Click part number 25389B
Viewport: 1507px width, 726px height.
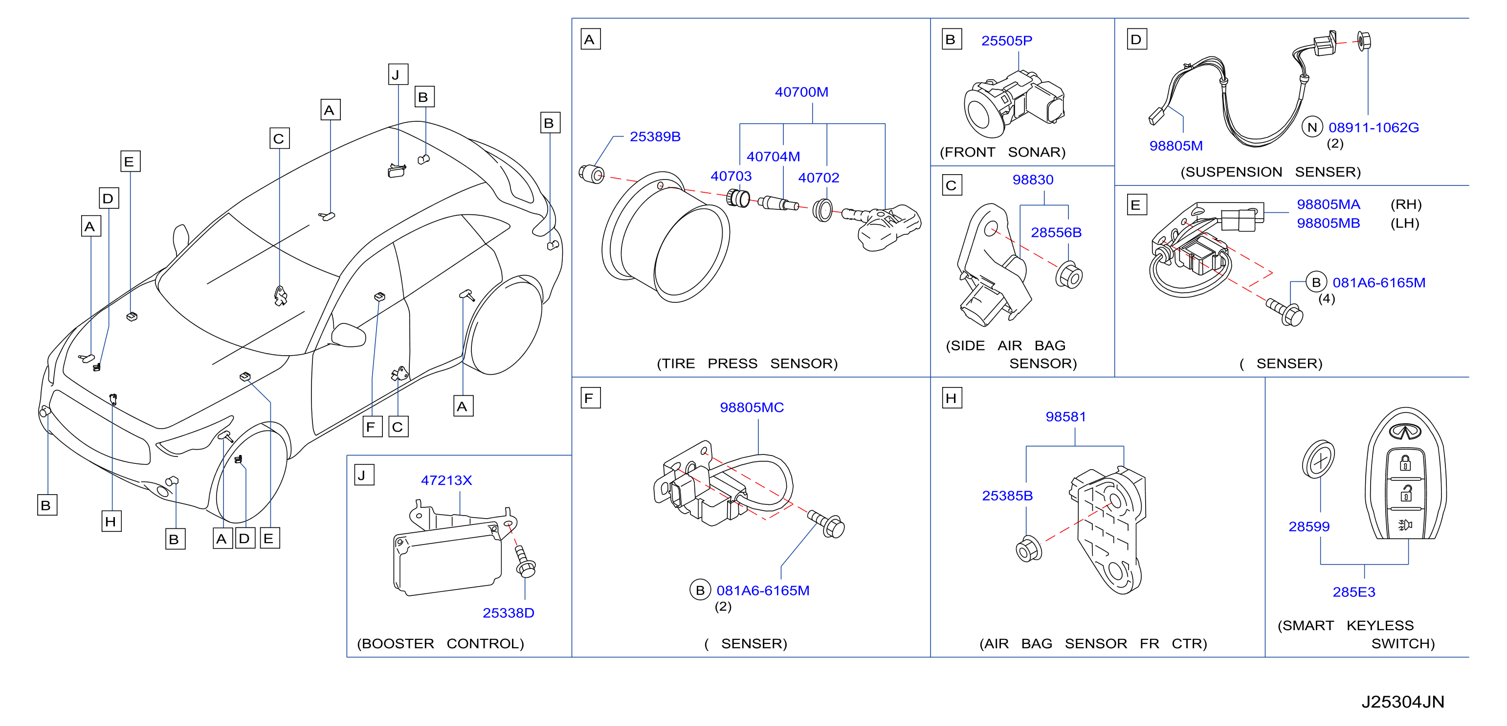click(655, 136)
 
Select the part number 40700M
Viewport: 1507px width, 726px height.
click(801, 92)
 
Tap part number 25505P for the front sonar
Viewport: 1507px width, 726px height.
click(1007, 41)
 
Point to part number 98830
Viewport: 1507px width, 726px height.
click(1033, 180)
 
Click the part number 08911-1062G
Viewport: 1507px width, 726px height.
click(1374, 127)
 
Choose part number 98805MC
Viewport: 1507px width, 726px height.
click(752, 408)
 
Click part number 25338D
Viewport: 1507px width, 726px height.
click(509, 613)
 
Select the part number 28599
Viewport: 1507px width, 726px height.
click(1309, 526)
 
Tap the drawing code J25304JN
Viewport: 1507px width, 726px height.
click(1403, 702)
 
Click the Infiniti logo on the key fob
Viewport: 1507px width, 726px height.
click(1405, 431)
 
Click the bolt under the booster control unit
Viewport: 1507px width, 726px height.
click(524, 562)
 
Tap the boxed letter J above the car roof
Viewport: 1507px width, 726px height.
click(398, 74)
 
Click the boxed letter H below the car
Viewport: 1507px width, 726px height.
click(111, 521)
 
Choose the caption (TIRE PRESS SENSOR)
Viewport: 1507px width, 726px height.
click(747, 363)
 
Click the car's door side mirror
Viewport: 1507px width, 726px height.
click(348, 334)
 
